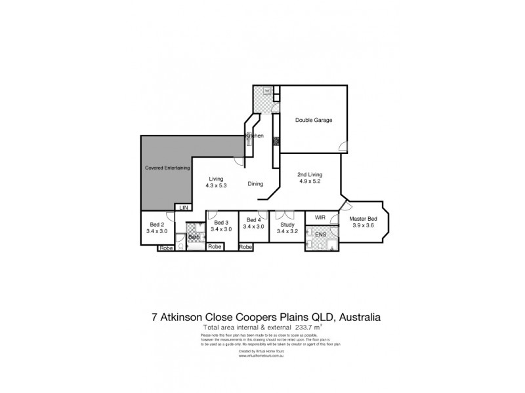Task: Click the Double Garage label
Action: [x=313, y=121]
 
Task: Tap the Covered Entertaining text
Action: [x=167, y=168]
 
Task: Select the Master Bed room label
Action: [x=362, y=219]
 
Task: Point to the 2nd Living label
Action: [x=310, y=175]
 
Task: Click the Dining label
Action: [x=256, y=184]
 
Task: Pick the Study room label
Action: [x=287, y=223]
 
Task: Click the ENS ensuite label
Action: [x=321, y=234]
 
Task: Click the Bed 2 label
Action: [x=157, y=223]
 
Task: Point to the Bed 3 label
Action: [x=221, y=222]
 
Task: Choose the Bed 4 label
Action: [x=253, y=219]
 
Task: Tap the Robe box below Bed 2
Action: [x=165, y=248]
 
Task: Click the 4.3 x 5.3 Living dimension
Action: [x=217, y=186]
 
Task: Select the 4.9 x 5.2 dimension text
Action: [x=310, y=182]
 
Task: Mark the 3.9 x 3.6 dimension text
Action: [x=362, y=226]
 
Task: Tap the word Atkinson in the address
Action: [x=186, y=316]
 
